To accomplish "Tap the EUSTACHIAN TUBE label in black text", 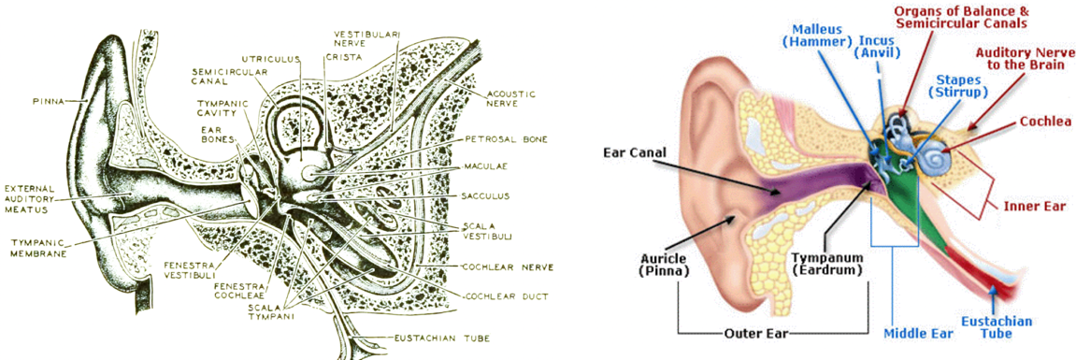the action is tap(432, 338).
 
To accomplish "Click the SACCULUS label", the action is tap(486, 195).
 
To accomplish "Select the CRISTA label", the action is tap(344, 57).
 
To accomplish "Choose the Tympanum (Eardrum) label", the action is tap(825, 264).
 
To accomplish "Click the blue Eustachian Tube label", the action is tap(996, 327).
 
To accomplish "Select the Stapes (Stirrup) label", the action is tap(956, 85).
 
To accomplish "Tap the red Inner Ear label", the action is tap(1035, 206).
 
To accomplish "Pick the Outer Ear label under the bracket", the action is tap(754, 335).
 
